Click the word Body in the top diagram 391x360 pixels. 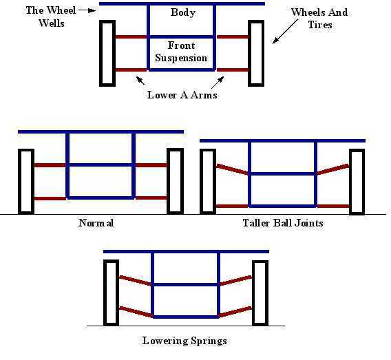[x=183, y=12]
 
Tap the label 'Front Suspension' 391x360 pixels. [x=181, y=52]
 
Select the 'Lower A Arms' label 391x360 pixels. [x=182, y=95]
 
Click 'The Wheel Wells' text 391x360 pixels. [x=51, y=17]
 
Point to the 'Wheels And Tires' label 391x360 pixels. [x=319, y=19]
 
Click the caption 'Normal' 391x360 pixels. [x=96, y=222]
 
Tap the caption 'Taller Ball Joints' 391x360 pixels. [x=283, y=222]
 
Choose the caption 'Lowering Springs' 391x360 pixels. [x=184, y=341]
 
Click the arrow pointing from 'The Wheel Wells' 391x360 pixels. [x=87, y=10]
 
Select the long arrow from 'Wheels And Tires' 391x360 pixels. [x=285, y=32]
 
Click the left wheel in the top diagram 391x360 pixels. [x=107, y=54]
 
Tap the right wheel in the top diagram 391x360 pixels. [x=256, y=54]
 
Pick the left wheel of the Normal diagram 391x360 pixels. [x=26, y=182]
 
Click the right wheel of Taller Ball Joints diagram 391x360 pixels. [x=357, y=182]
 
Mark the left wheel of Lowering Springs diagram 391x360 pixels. [x=112, y=293]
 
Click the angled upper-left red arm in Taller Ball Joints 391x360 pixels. [x=233, y=169]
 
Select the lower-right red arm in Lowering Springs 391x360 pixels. [x=235, y=313]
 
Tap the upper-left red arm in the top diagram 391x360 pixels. [x=131, y=37]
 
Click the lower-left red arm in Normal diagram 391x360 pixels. [x=50, y=198]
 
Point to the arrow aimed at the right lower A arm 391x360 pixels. [x=218, y=83]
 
